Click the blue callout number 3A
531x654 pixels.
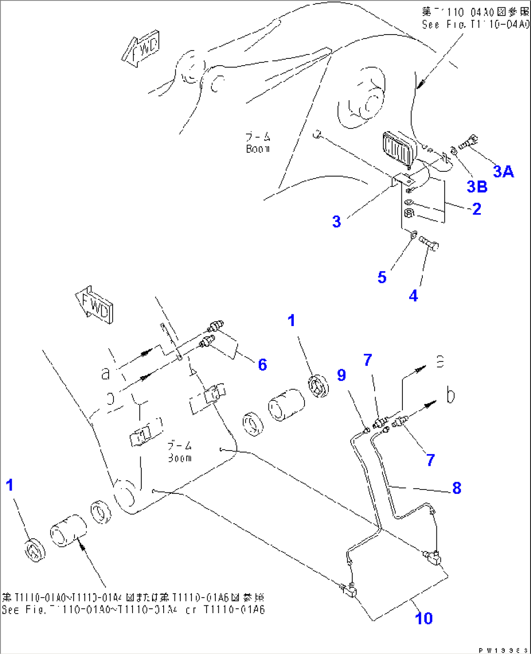[503, 171]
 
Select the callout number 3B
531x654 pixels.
[477, 186]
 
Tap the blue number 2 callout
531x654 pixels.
[476, 209]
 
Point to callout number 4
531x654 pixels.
[413, 295]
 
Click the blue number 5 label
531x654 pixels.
[382, 277]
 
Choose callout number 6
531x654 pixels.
[263, 364]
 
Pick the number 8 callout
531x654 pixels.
[456, 488]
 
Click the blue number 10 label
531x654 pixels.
[424, 618]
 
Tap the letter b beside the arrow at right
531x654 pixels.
[451, 395]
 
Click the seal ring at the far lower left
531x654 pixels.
[35, 550]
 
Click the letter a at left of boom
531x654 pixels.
[105, 373]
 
